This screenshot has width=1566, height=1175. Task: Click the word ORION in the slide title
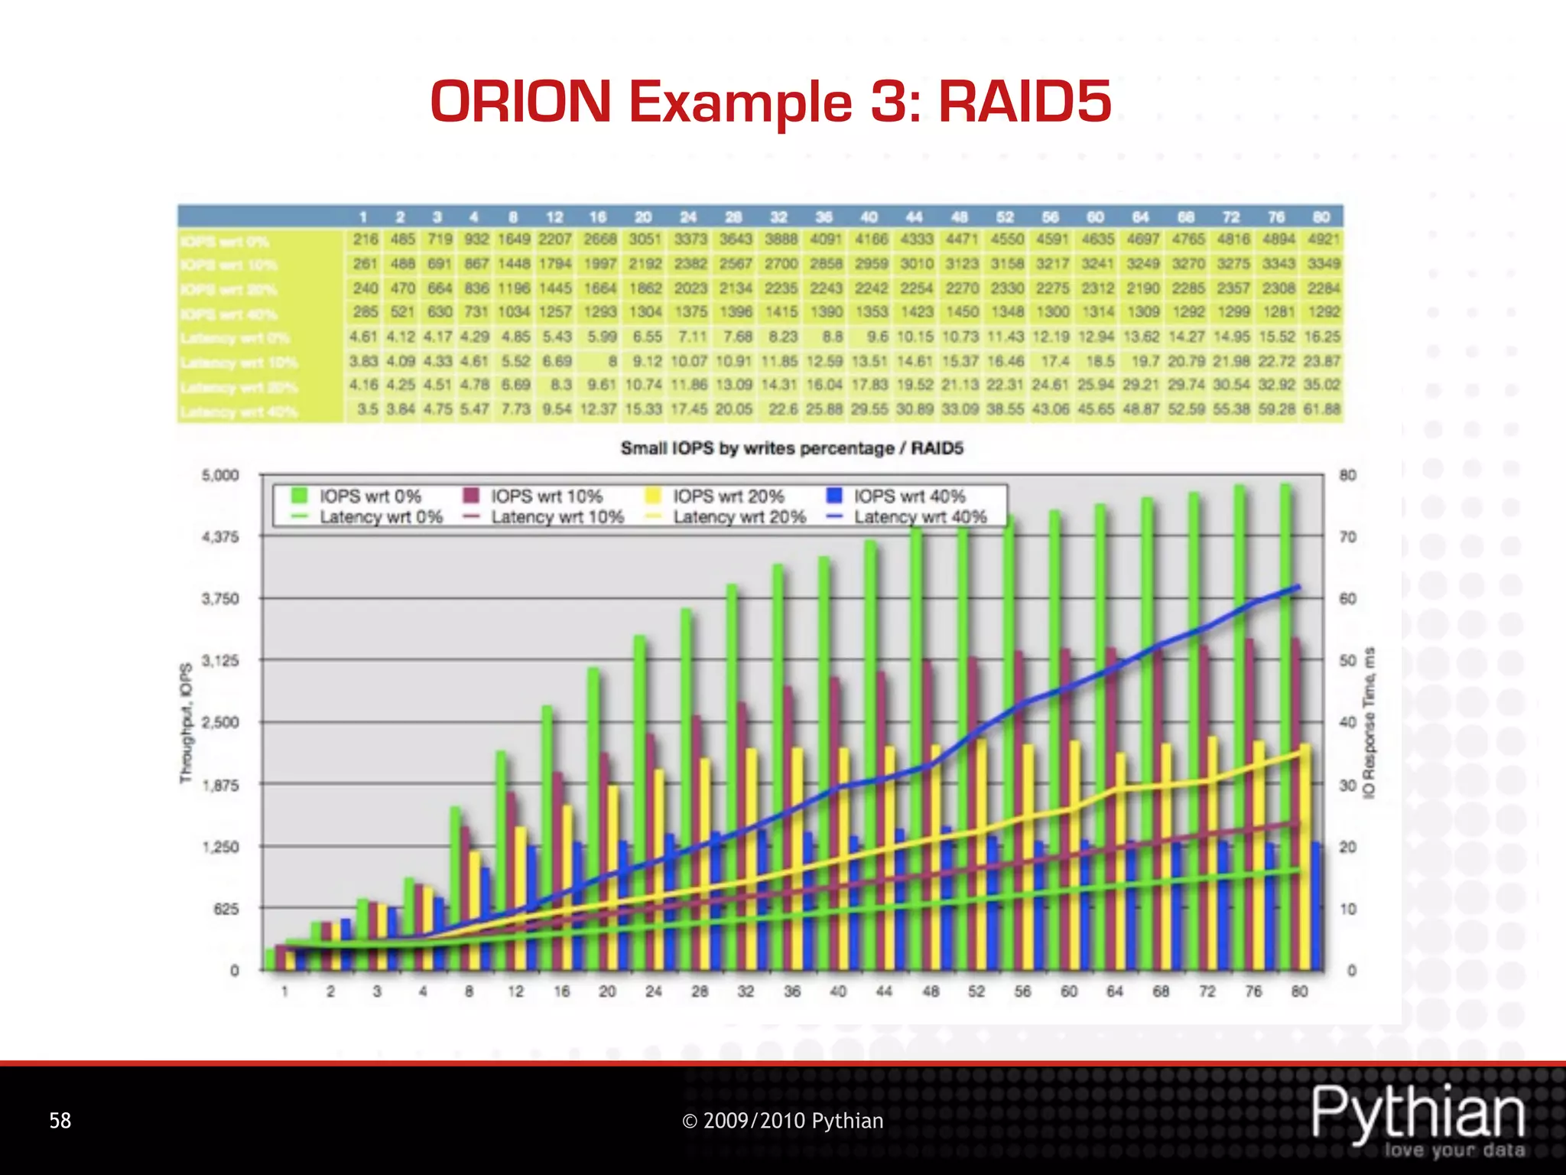(x=521, y=102)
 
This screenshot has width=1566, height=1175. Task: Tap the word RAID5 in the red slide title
(x=1025, y=102)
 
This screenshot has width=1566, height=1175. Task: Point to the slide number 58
(x=60, y=1121)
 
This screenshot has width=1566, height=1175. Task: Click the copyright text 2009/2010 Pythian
(x=782, y=1121)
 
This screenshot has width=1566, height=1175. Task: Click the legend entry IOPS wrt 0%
(x=369, y=496)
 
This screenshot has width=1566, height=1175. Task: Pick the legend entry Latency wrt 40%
(x=920, y=517)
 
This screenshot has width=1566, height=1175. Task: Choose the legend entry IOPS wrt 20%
(x=728, y=496)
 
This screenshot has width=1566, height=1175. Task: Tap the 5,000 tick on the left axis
(x=220, y=475)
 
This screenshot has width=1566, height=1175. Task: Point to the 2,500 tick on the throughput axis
(x=220, y=722)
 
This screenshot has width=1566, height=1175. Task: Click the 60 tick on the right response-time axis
(x=1348, y=599)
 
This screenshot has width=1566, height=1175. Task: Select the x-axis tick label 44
(x=884, y=991)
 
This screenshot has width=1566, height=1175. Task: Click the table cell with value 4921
(x=1324, y=239)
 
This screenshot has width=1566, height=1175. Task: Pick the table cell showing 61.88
(x=1322, y=409)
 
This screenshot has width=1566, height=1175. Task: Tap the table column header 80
(x=1321, y=217)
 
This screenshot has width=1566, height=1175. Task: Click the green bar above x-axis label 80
(x=1286, y=727)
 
